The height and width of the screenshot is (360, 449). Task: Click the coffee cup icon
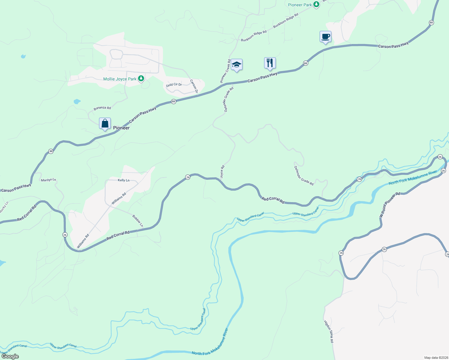[325, 37]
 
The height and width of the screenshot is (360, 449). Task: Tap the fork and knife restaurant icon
[270, 63]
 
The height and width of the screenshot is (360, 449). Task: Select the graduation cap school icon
[237, 64]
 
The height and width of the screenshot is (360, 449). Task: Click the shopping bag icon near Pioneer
[105, 123]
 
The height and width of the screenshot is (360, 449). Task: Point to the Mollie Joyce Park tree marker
[141, 79]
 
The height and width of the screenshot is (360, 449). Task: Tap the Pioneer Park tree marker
[316, 4]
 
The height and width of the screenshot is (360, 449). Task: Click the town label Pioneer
[121, 128]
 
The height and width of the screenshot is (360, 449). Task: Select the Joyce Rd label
[222, 172]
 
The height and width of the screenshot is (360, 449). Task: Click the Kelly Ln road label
[123, 180]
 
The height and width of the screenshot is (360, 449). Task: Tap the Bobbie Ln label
[138, 220]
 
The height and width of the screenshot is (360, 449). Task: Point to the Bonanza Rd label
[102, 108]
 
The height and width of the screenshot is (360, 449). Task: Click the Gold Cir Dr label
[174, 85]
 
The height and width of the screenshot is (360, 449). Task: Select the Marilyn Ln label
[48, 180]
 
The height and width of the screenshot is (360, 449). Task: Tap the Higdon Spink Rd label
[329, 331]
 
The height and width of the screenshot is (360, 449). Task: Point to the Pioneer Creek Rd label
[225, 71]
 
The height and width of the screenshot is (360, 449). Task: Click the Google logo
[10, 356]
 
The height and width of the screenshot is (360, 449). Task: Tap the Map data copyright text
[435, 358]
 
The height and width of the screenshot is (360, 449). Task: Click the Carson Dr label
[194, 86]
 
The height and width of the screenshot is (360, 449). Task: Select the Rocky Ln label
[4, 207]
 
